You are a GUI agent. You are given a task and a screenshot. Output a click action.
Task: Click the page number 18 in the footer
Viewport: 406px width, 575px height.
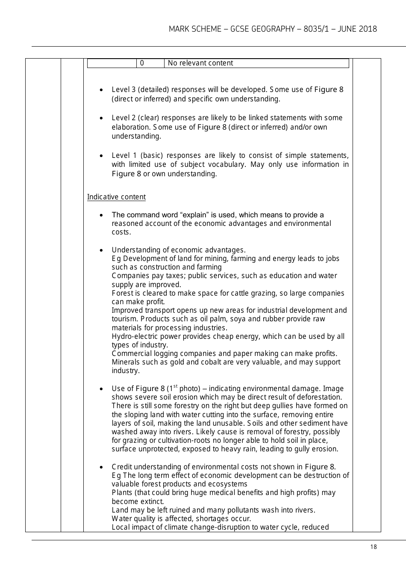(374, 547)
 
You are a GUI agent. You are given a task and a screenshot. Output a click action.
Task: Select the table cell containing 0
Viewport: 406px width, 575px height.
(142, 63)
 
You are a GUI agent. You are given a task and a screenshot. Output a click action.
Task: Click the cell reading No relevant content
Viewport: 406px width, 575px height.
(200, 63)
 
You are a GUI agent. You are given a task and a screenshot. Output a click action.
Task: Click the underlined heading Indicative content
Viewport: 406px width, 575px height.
(116, 197)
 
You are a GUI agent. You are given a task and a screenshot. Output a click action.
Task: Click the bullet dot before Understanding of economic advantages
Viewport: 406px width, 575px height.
(101, 250)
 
